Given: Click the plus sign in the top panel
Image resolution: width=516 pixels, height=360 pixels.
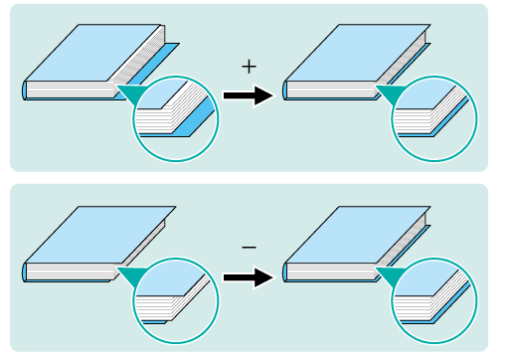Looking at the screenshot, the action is click(x=249, y=67).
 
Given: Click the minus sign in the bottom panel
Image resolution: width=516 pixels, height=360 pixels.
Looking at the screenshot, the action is click(x=249, y=248).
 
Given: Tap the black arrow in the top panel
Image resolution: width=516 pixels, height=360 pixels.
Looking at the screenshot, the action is click(x=250, y=95).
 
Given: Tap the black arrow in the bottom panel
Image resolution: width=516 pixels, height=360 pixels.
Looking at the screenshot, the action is click(x=250, y=277).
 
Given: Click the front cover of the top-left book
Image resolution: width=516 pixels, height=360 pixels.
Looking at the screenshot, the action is click(x=92, y=53).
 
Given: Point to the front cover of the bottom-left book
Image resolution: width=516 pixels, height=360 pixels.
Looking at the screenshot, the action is click(x=100, y=235).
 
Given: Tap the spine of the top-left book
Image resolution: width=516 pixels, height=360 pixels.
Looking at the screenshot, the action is click(x=25, y=90).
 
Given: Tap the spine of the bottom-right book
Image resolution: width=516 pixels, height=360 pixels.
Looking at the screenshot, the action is click(x=284, y=272).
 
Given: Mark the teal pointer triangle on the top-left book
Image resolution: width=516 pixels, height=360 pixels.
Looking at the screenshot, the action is click(x=131, y=94).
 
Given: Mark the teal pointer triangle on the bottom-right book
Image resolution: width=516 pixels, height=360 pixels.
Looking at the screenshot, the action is click(x=390, y=276).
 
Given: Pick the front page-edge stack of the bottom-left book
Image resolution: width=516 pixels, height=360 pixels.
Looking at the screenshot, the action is click(x=71, y=271).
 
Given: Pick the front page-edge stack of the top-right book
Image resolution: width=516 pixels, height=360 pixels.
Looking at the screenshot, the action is click(x=331, y=90).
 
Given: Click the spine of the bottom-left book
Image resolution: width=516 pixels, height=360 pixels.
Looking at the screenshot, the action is click(x=25, y=272).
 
